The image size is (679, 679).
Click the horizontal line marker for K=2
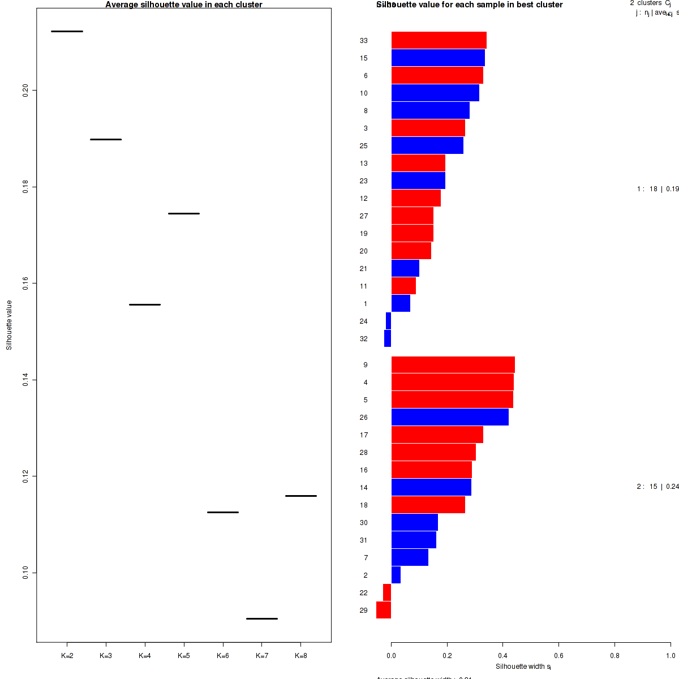(x=67, y=31)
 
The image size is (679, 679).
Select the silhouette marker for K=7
(x=262, y=618)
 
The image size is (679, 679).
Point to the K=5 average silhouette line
(x=184, y=213)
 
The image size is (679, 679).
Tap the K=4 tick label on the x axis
(x=145, y=656)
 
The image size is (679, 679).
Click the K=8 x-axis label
(x=301, y=656)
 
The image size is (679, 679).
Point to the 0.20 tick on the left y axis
(x=26, y=90)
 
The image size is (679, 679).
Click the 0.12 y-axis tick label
(x=26, y=476)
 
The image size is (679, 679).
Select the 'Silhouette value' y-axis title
(x=9, y=325)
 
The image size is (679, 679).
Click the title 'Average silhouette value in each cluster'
(x=184, y=5)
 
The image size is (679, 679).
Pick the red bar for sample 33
(x=439, y=40)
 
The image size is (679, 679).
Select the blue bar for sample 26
(x=450, y=417)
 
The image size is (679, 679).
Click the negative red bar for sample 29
(x=384, y=610)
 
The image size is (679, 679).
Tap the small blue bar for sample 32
(x=388, y=338)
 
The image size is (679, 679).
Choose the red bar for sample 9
(x=453, y=365)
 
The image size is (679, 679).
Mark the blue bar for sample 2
(x=396, y=575)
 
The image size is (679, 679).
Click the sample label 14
(x=364, y=487)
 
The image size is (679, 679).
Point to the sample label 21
(x=364, y=269)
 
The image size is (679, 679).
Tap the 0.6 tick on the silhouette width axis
(x=558, y=656)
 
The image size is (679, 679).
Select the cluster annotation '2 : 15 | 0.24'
(x=657, y=487)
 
